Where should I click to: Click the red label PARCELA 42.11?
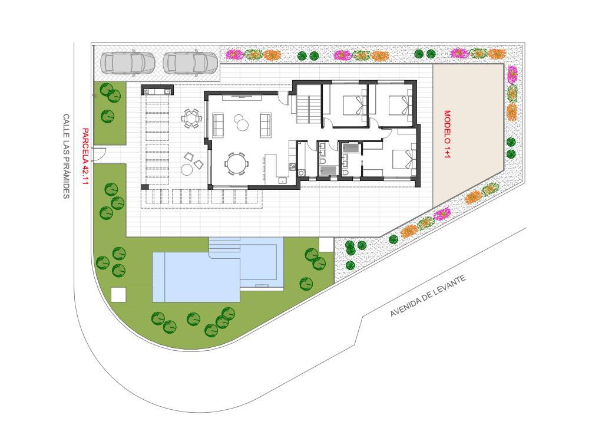[85, 156]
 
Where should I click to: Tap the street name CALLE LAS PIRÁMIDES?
[66, 156]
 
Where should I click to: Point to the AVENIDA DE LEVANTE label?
[428, 296]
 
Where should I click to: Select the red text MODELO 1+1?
[447, 134]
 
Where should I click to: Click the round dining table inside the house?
[237, 164]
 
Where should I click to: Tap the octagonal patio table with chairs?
[191, 119]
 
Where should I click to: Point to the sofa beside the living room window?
[219, 124]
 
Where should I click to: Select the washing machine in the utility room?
[301, 173]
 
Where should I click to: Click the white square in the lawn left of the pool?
[118, 295]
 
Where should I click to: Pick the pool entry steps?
[224, 245]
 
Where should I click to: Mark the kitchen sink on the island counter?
[283, 180]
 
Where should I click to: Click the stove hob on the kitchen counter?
[292, 166]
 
